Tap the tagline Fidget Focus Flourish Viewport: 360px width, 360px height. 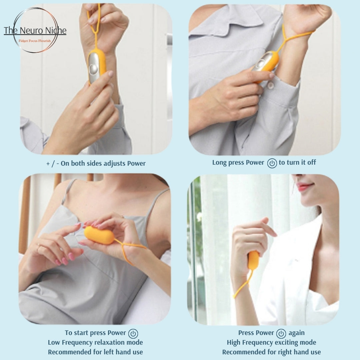coord(35,41)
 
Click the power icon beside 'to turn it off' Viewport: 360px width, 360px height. coord(272,163)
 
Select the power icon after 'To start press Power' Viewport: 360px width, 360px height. coord(133,334)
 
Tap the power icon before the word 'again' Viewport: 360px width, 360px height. coord(281,334)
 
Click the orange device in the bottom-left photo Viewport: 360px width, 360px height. coord(99,235)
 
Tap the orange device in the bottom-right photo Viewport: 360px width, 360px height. coord(253,260)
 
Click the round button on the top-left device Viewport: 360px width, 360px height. coord(93,68)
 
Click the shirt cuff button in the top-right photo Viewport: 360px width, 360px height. coord(271,85)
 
